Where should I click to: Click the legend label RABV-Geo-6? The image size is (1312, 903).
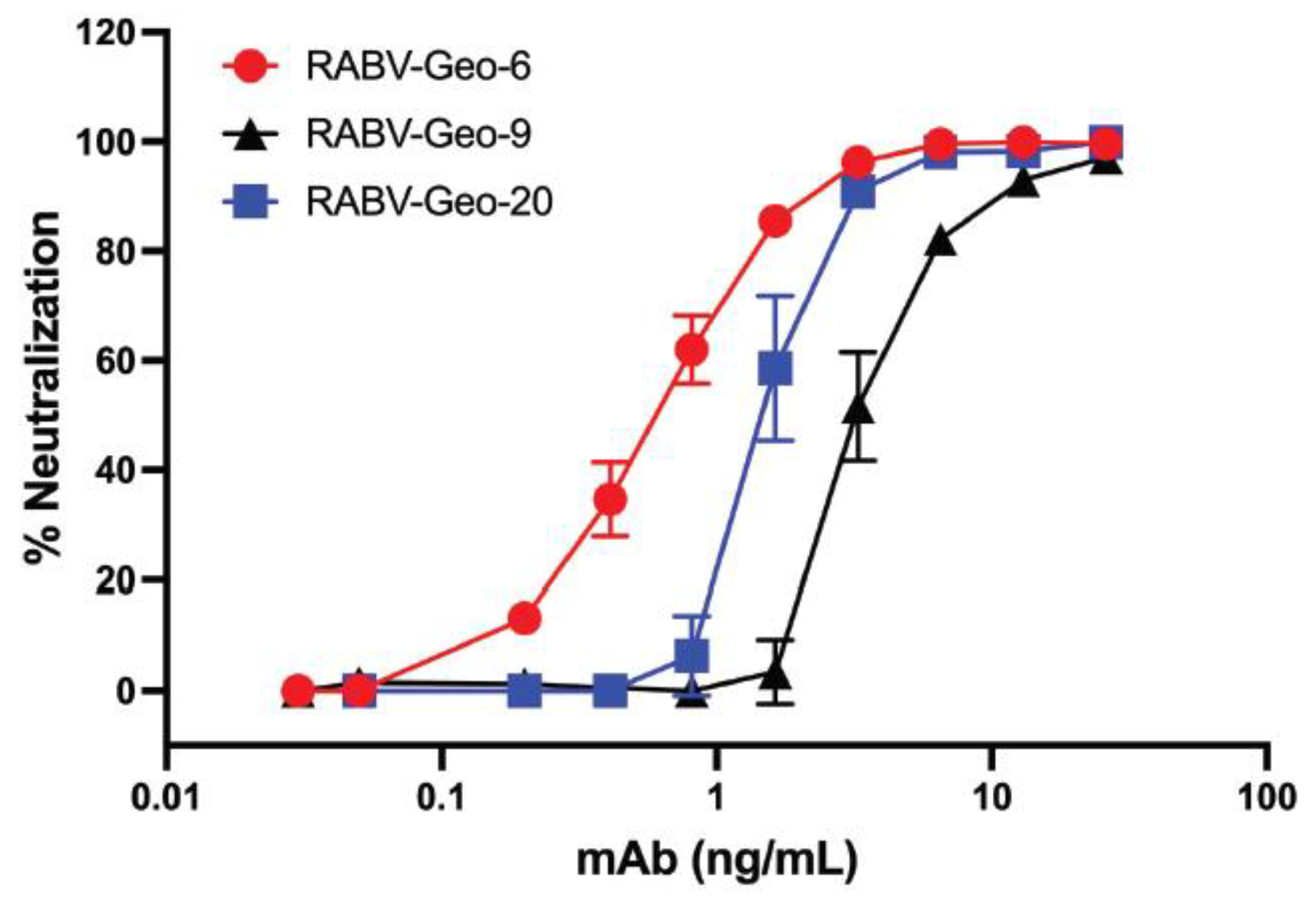coord(418,67)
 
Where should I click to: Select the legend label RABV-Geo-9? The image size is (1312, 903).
coord(418,135)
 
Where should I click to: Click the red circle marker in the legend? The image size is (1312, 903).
coord(250,67)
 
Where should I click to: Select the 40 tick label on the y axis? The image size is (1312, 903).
coord(116,470)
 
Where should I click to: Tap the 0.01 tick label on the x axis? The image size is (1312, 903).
coord(166,797)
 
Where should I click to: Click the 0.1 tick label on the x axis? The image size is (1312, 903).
coord(441,797)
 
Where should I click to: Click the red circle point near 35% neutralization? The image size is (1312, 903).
coord(610,499)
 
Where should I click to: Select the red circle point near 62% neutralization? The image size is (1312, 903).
coord(691,350)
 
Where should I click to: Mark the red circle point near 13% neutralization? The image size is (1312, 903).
coord(525,618)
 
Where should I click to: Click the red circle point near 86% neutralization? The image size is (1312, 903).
coord(777,221)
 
